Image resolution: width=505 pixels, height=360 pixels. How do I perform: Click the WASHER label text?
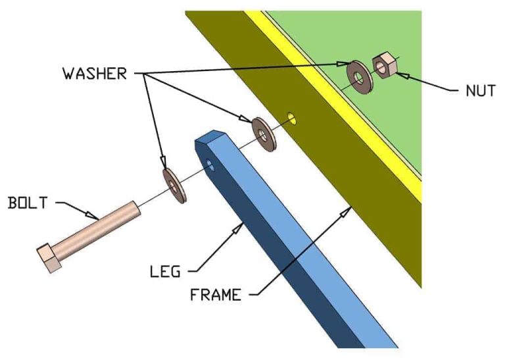[x=95, y=74]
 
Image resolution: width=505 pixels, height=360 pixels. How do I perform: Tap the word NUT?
[x=481, y=91]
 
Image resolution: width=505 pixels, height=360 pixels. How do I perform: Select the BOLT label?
[x=28, y=203]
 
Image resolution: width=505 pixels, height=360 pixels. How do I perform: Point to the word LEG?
[x=165, y=271]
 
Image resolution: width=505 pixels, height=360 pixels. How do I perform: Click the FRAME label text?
[x=216, y=295]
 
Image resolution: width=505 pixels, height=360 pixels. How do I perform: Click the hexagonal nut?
[x=384, y=66]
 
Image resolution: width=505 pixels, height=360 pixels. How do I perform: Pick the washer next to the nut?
[x=360, y=77]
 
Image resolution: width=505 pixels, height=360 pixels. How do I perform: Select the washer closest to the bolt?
[x=174, y=186]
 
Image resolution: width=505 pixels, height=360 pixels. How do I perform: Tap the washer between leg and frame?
[x=264, y=134]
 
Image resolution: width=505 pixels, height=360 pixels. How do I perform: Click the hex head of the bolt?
[x=49, y=258]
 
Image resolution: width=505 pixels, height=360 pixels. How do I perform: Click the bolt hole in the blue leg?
[x=210, y=165]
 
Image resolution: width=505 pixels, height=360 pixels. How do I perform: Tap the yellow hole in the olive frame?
[x=292, y=118]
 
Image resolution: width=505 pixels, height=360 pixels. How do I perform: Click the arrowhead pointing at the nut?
[x=402, y=75]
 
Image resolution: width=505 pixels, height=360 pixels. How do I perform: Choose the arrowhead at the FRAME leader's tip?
[x=347, y=212]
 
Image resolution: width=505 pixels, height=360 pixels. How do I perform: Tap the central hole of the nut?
[x=380, y=67]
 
